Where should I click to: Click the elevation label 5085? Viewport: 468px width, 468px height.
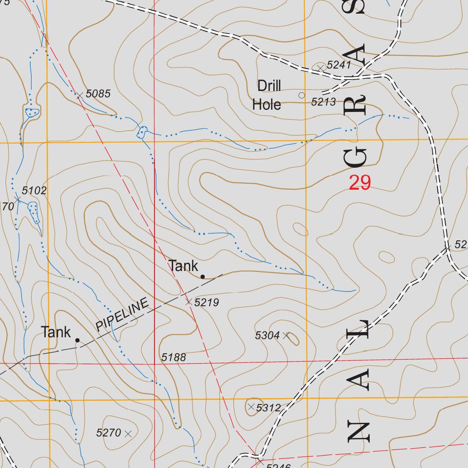pyautogui.click(x=98, y=94)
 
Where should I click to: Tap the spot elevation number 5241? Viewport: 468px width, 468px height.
pyautogui.click(x=339, y=65)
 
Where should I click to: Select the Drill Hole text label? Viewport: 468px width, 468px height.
pyautogui.click(x=267, y=95)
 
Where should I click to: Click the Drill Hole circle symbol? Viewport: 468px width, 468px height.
pyautogui.click(x=301, y=95)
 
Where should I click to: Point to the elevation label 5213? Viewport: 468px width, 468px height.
pyautogui.click(x=324, y=102)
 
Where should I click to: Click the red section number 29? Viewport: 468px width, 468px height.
pyautogui.click(x=360, y=183)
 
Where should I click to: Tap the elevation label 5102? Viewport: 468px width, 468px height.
pyautogui.click(x=34, y=191)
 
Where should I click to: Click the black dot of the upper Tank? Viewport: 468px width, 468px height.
pyautogui.click(x=202, y=276)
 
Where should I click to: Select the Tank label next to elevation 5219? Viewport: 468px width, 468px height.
pyautogui.click(x=183, y=266)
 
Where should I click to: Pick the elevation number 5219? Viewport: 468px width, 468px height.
pyautogui.click(x=207, y=302)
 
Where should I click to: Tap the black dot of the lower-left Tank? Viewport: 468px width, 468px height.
pyautogui.click(x=77, y=340)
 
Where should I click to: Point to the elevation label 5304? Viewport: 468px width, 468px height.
pyautogui.click(x=267, y=335)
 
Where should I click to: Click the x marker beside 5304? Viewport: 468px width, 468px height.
pyautogui.click(x=286, y=335)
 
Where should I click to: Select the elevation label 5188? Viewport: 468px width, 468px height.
pyautogui.click(x=174, y=357)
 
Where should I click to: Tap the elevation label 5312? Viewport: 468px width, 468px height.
pyautogui.click(x=268, y=407)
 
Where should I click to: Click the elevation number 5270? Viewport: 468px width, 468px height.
pyautogui.click(x=108, y=433)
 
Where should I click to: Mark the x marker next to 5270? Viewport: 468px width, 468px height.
pyautogui.click(x=128, y=433)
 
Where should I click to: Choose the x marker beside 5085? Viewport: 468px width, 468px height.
pyautogui.click(x=79, y=95)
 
